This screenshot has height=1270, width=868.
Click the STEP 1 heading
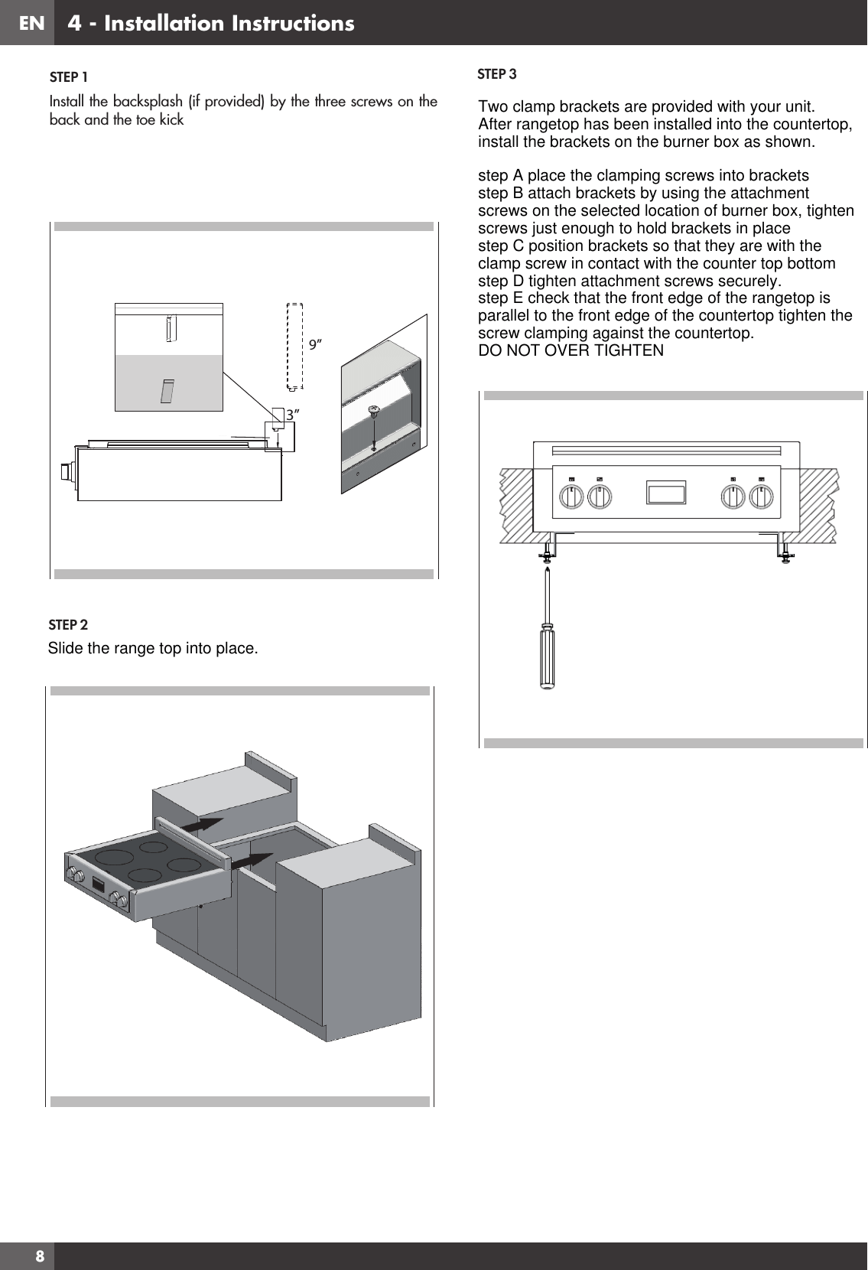coord(68,77)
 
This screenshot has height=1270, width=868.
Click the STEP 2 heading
coord(68,625)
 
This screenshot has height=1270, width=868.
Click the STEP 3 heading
coord(496,74)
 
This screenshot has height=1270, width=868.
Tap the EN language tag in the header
coord(31,23)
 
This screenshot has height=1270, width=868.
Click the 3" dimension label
coord(291,414)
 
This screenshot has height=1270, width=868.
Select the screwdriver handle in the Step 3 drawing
coord(548,658)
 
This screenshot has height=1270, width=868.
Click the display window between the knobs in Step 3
coord(666,492)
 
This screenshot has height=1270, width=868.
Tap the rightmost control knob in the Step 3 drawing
coord(760,498)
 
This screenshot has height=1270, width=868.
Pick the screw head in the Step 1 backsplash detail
coord(374,411)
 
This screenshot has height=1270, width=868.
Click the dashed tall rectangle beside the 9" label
coord(294,345)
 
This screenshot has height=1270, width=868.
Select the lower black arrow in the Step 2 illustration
coord(252,861)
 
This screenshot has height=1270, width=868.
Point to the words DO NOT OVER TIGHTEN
coord(571,350)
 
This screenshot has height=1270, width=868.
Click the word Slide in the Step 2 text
coord(65,649)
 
